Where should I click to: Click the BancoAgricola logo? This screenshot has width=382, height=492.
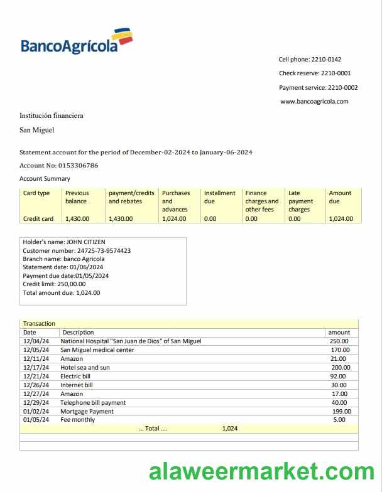76,41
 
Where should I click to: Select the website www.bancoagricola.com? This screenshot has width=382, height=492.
314,102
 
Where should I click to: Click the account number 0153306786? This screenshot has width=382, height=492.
76,166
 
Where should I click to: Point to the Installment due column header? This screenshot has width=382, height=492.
219,197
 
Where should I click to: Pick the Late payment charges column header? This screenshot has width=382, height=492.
300,201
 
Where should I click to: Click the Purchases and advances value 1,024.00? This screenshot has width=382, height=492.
174,219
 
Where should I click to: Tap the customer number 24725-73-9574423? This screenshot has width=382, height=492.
104,250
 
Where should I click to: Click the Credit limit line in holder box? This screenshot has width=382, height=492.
54,284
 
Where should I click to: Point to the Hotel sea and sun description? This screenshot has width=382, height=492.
85,367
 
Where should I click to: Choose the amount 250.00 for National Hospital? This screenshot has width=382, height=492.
339,341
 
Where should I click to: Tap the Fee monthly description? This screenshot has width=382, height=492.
78,420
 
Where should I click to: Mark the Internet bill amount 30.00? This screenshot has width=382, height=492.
339,385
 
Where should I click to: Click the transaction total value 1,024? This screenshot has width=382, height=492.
230,429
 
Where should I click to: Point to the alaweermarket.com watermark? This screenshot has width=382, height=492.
261,471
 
